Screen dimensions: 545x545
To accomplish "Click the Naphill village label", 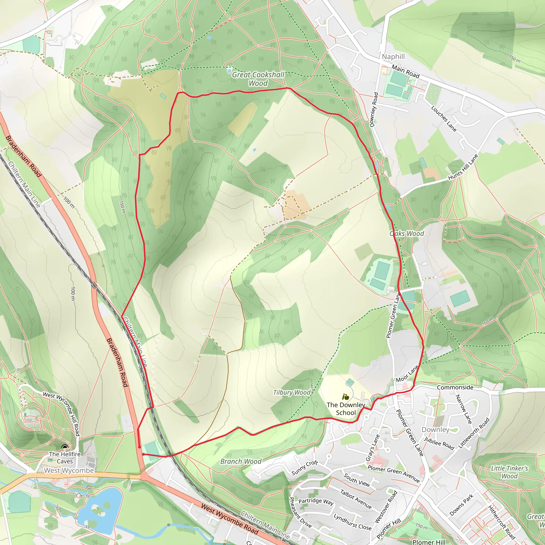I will click(x=393, y=57).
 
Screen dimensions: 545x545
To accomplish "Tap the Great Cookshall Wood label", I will click(x=258, y=79).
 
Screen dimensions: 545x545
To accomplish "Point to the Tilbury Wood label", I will click(x=292, y=393).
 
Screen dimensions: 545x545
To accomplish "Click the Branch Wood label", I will click(x=241, y=461).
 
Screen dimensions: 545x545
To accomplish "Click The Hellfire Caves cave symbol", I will click(x=65, y=447).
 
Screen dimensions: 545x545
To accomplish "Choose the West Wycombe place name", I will click(x=69, y=470).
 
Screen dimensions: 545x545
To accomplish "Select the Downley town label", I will click(x=435, y=430).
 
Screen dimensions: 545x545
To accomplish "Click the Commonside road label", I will click(x=455, y=387).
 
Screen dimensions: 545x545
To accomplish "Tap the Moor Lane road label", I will click(x=407, y=374).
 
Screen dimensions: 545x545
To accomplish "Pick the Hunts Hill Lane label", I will click(x=463, y=167).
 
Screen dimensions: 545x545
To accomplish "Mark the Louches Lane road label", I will click(x=443, y=118).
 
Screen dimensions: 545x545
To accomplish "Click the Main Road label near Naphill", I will click(x=405, y=71).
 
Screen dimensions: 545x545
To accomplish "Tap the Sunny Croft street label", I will click(x=305, y=468).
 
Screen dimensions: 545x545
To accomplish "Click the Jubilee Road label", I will click(x=439, y=444).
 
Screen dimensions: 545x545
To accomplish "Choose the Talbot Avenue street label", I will click(x=356, y=499).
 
